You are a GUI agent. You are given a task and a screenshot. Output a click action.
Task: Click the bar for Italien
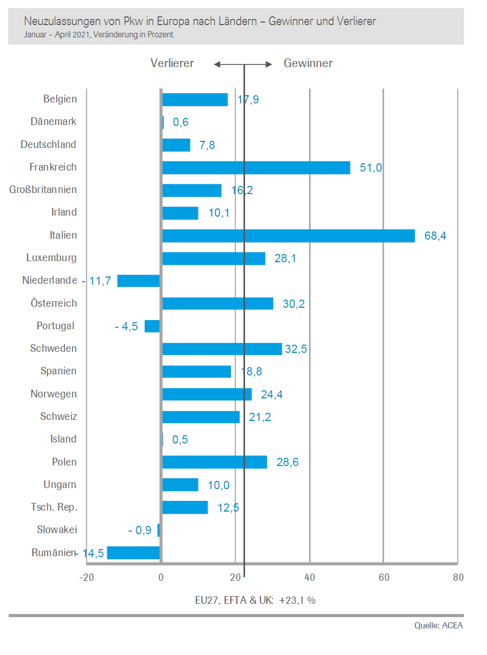(x=289, y=236)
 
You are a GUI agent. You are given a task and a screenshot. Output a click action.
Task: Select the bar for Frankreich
(x=256, y=167)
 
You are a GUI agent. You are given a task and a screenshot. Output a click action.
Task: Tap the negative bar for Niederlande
(x=138, y=281)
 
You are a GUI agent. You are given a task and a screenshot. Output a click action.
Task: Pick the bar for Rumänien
(x=133, y=553)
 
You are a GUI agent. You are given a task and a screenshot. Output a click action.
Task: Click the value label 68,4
(x=435, y=236)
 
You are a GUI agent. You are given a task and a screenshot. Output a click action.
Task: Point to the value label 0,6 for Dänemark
(x=181, y=122)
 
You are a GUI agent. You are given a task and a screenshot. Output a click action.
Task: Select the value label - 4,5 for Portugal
(x=126, y=326)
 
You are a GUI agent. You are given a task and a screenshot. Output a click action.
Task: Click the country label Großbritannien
(x=43, y=190)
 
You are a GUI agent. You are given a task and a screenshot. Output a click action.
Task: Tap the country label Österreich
(x=53, y=303)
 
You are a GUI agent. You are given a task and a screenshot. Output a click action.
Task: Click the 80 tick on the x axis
(x=458, y=578)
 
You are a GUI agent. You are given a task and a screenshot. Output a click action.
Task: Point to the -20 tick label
(x=86, y=578)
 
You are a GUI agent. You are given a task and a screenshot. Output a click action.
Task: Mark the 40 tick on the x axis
(x=309, y=578)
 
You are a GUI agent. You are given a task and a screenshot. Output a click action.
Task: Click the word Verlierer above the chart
(x=172, y=63)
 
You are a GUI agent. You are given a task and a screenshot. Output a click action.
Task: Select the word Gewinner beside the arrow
(x=308, y=63)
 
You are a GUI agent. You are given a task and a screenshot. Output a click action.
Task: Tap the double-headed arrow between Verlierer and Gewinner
(x=243, y=64)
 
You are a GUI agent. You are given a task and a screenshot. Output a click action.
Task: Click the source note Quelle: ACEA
(x=438, y=625)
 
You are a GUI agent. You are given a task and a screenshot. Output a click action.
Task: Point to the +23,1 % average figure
(x=297, y=600)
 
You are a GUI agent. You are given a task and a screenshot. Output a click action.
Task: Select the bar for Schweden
(x=222, y=349)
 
